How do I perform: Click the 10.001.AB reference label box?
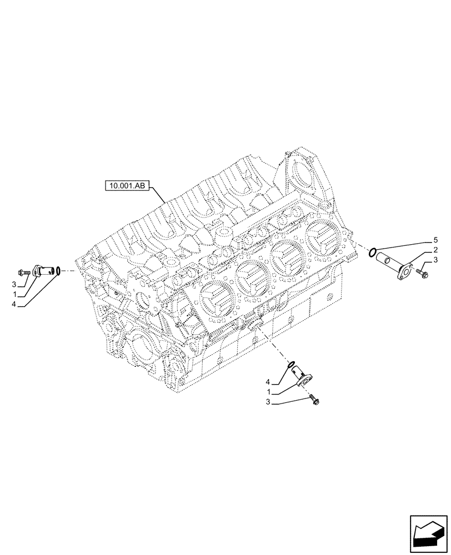(x=126, y=186)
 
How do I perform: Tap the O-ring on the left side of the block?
(x=58, y=271)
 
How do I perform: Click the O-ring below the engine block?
(x=288, y=365)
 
